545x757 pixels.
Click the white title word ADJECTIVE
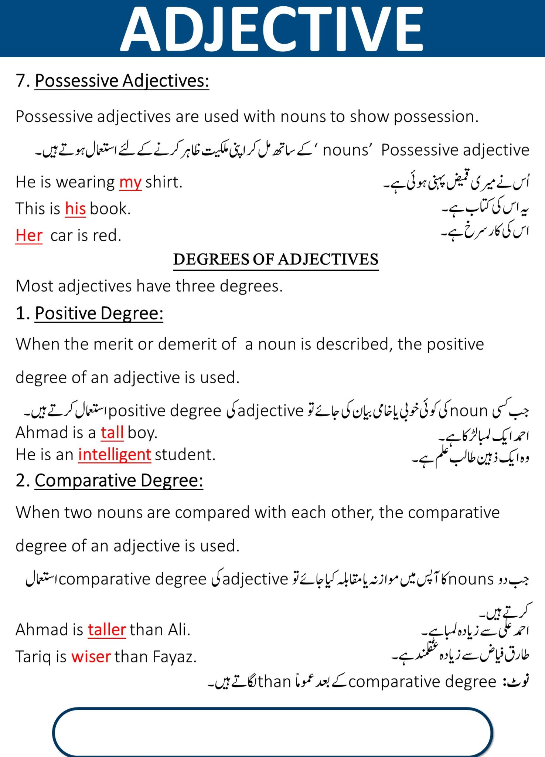[x=272, y=29]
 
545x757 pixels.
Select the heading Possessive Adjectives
[x=122, y=81]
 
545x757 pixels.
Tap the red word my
[x=130, y=182]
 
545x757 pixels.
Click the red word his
[x=75, y=209]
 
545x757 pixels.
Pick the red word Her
[x=29, y=235]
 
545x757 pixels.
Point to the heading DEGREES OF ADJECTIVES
[x=276, y=259]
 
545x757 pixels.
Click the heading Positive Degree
[x=99, y=313]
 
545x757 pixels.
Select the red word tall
[x=112, y=432]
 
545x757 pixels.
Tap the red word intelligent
[x=115, y=455]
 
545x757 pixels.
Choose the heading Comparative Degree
[x=119, y=481]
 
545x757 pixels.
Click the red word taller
[x=107, y=630]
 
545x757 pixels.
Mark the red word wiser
[x=91, y=657]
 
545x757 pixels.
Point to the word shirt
[x=164, y=182]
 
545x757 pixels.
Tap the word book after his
[x=110, y=209]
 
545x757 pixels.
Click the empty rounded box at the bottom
[x=273, y=732]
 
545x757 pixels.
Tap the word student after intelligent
[x=185, y=455]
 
